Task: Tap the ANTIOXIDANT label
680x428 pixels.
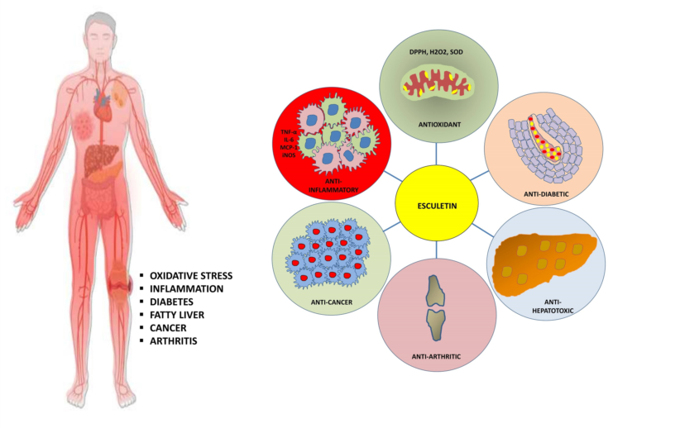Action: (x=435, y=126)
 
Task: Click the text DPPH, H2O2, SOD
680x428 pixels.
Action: (x=436, y=52)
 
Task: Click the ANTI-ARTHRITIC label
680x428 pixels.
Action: (x=435, y=357)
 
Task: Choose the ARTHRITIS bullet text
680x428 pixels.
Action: (x=175, y=341)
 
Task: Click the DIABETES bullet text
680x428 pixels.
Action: (x=173, y=302)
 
